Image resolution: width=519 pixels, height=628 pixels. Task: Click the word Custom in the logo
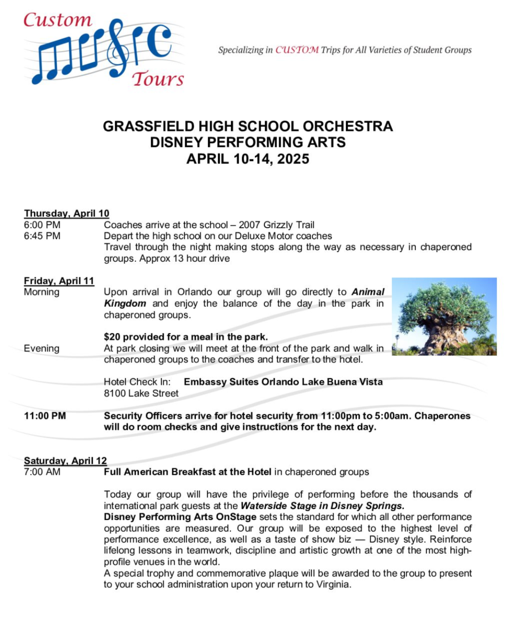[x=58, y=20]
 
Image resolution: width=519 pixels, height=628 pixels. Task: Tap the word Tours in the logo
[x=158, y=79]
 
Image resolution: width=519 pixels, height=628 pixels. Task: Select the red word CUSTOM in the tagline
[x=297, y=50]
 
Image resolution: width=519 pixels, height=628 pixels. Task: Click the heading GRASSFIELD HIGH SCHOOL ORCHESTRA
[x=248, y=126]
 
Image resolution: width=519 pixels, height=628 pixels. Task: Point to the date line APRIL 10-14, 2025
[x=248, y=159]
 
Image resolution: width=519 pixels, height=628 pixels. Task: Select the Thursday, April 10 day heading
[x=67, y=213]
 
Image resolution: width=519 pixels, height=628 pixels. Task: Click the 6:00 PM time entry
[x=42, y=225]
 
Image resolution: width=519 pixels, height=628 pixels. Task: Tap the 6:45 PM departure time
[x=42, y=236]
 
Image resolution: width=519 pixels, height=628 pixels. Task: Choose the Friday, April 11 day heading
[x=59, y=281]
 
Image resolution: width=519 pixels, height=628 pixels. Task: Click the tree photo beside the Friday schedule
[x=444, y=316]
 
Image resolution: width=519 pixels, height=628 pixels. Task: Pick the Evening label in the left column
[x=42, y=349]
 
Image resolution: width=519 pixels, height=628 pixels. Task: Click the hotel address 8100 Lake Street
[x=141, y=394]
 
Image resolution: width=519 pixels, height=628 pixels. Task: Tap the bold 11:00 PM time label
[x=45, y=416]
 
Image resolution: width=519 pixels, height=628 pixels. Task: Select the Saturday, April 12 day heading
[x=65, y=461]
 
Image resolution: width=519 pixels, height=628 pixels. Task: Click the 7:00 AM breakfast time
[x=42, y=472]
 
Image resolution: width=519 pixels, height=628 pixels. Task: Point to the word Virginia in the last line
[x=333, y=585]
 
